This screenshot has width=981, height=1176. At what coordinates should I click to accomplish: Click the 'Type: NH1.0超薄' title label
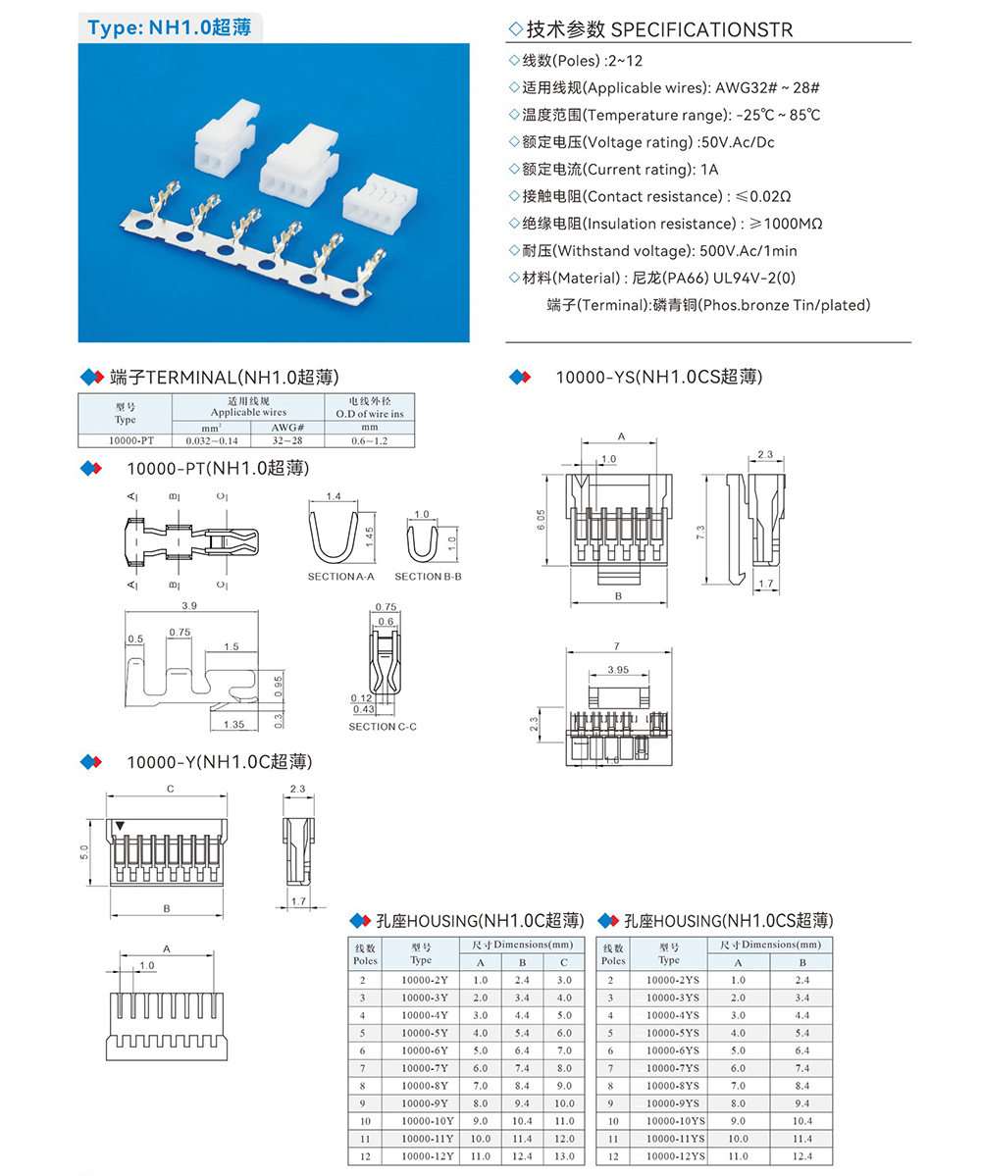click(169, 28)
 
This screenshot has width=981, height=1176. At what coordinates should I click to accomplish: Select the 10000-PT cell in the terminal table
click(125, 440)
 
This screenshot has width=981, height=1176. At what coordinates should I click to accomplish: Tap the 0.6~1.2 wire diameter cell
click(369, 440)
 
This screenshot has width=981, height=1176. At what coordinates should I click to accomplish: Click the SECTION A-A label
click(340, 577)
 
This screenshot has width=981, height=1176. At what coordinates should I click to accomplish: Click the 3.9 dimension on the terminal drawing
click(188, 606)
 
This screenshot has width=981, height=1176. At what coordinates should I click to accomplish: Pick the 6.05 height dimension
click(542, 521)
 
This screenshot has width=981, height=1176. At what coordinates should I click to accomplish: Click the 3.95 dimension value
click(618, 669)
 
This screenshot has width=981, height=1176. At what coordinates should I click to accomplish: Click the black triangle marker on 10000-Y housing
click(120, 827)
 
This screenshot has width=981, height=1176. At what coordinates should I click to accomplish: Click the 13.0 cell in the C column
click(563, 1156)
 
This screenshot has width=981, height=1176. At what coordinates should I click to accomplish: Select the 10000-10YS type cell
click(676, 1120)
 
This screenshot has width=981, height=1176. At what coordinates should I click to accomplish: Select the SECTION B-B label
click(428, 577)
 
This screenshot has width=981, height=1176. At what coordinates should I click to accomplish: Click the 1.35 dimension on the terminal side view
click(233, 724)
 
